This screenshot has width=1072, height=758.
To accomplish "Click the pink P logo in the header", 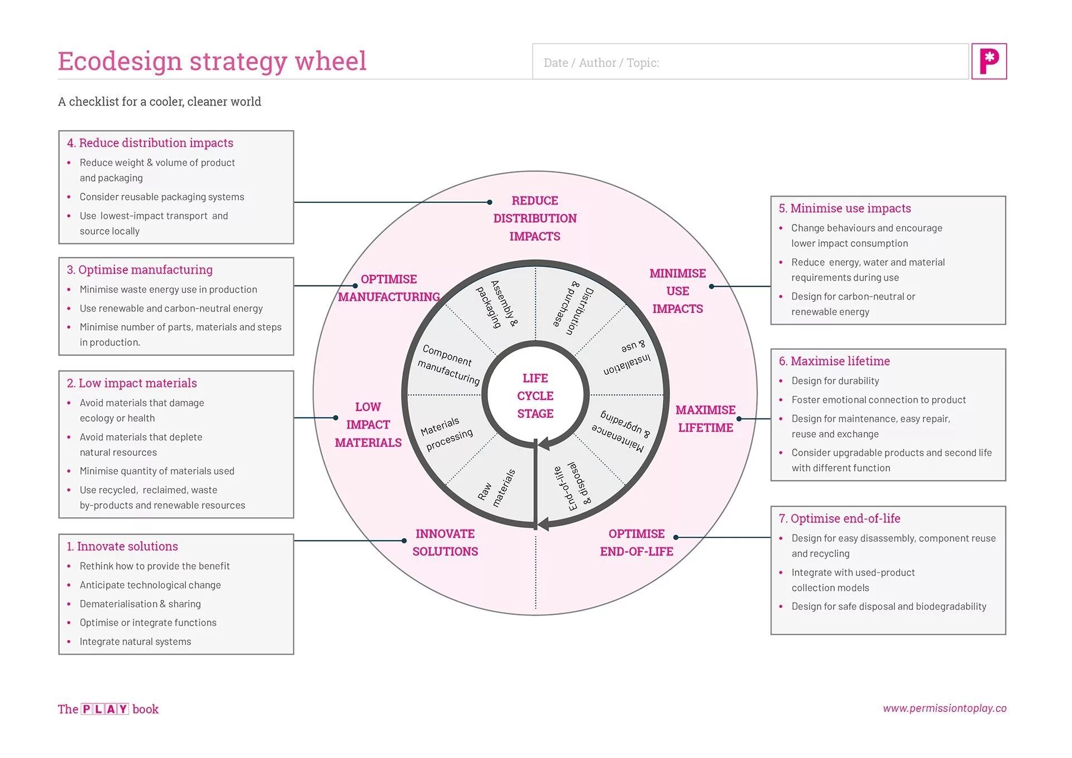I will coord(988,61).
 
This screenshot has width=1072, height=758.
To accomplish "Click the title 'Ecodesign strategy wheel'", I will coord(212,61).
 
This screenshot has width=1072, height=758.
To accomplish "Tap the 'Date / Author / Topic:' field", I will coord(750,62).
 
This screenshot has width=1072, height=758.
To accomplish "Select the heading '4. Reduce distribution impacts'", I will coord(150,143).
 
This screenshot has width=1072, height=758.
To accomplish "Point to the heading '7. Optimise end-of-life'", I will coord(839,518).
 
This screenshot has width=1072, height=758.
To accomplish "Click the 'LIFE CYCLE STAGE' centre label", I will coord(535,395).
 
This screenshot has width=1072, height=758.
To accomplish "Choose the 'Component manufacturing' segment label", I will coord(448,364).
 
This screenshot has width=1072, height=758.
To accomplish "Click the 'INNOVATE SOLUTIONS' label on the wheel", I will coord(445,542).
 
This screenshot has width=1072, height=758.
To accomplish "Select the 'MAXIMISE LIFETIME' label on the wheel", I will coord(705,418).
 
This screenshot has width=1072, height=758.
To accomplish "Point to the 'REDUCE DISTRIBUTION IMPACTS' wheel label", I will coord(534,218).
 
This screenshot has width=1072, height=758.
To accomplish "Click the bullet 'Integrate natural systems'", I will coord(135,641).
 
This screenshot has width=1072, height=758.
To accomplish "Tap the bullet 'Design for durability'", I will coord(835,381).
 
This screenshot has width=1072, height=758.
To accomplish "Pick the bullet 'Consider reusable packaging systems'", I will coord(162,197).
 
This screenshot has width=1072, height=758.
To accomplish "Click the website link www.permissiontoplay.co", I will coord(944,708).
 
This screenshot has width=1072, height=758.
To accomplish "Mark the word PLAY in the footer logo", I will coord(106,709).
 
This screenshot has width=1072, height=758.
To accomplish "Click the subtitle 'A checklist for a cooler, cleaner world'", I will coord(160,102).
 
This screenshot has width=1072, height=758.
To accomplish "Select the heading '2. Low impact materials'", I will coord(132,383).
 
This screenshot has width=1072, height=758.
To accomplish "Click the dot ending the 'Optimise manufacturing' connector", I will coord(355,285).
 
